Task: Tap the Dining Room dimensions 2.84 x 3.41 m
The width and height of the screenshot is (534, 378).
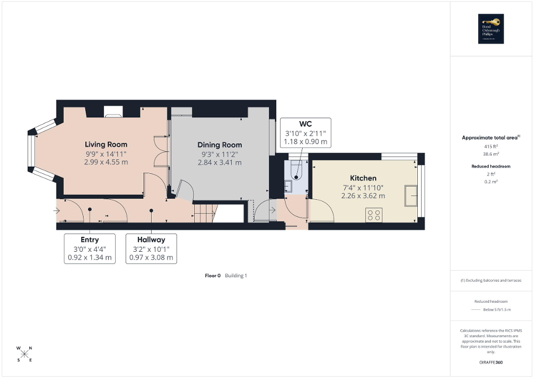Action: [x=220, y=163]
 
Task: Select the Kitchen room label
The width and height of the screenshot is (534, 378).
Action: [x=363, y=178]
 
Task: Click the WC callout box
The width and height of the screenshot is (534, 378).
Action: [x=305, y=132]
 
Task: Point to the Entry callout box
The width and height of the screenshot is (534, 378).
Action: [x=90, y=248]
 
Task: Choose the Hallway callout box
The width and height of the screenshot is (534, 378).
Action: [x=151, y=248]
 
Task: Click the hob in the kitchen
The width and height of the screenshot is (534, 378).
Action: [x=374, y=215]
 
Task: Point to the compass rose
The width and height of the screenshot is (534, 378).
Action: [x=25, y=354]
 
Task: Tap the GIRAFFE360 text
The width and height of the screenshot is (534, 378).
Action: [x=492, y=363]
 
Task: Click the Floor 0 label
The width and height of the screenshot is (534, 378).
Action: [x=213, y=275]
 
